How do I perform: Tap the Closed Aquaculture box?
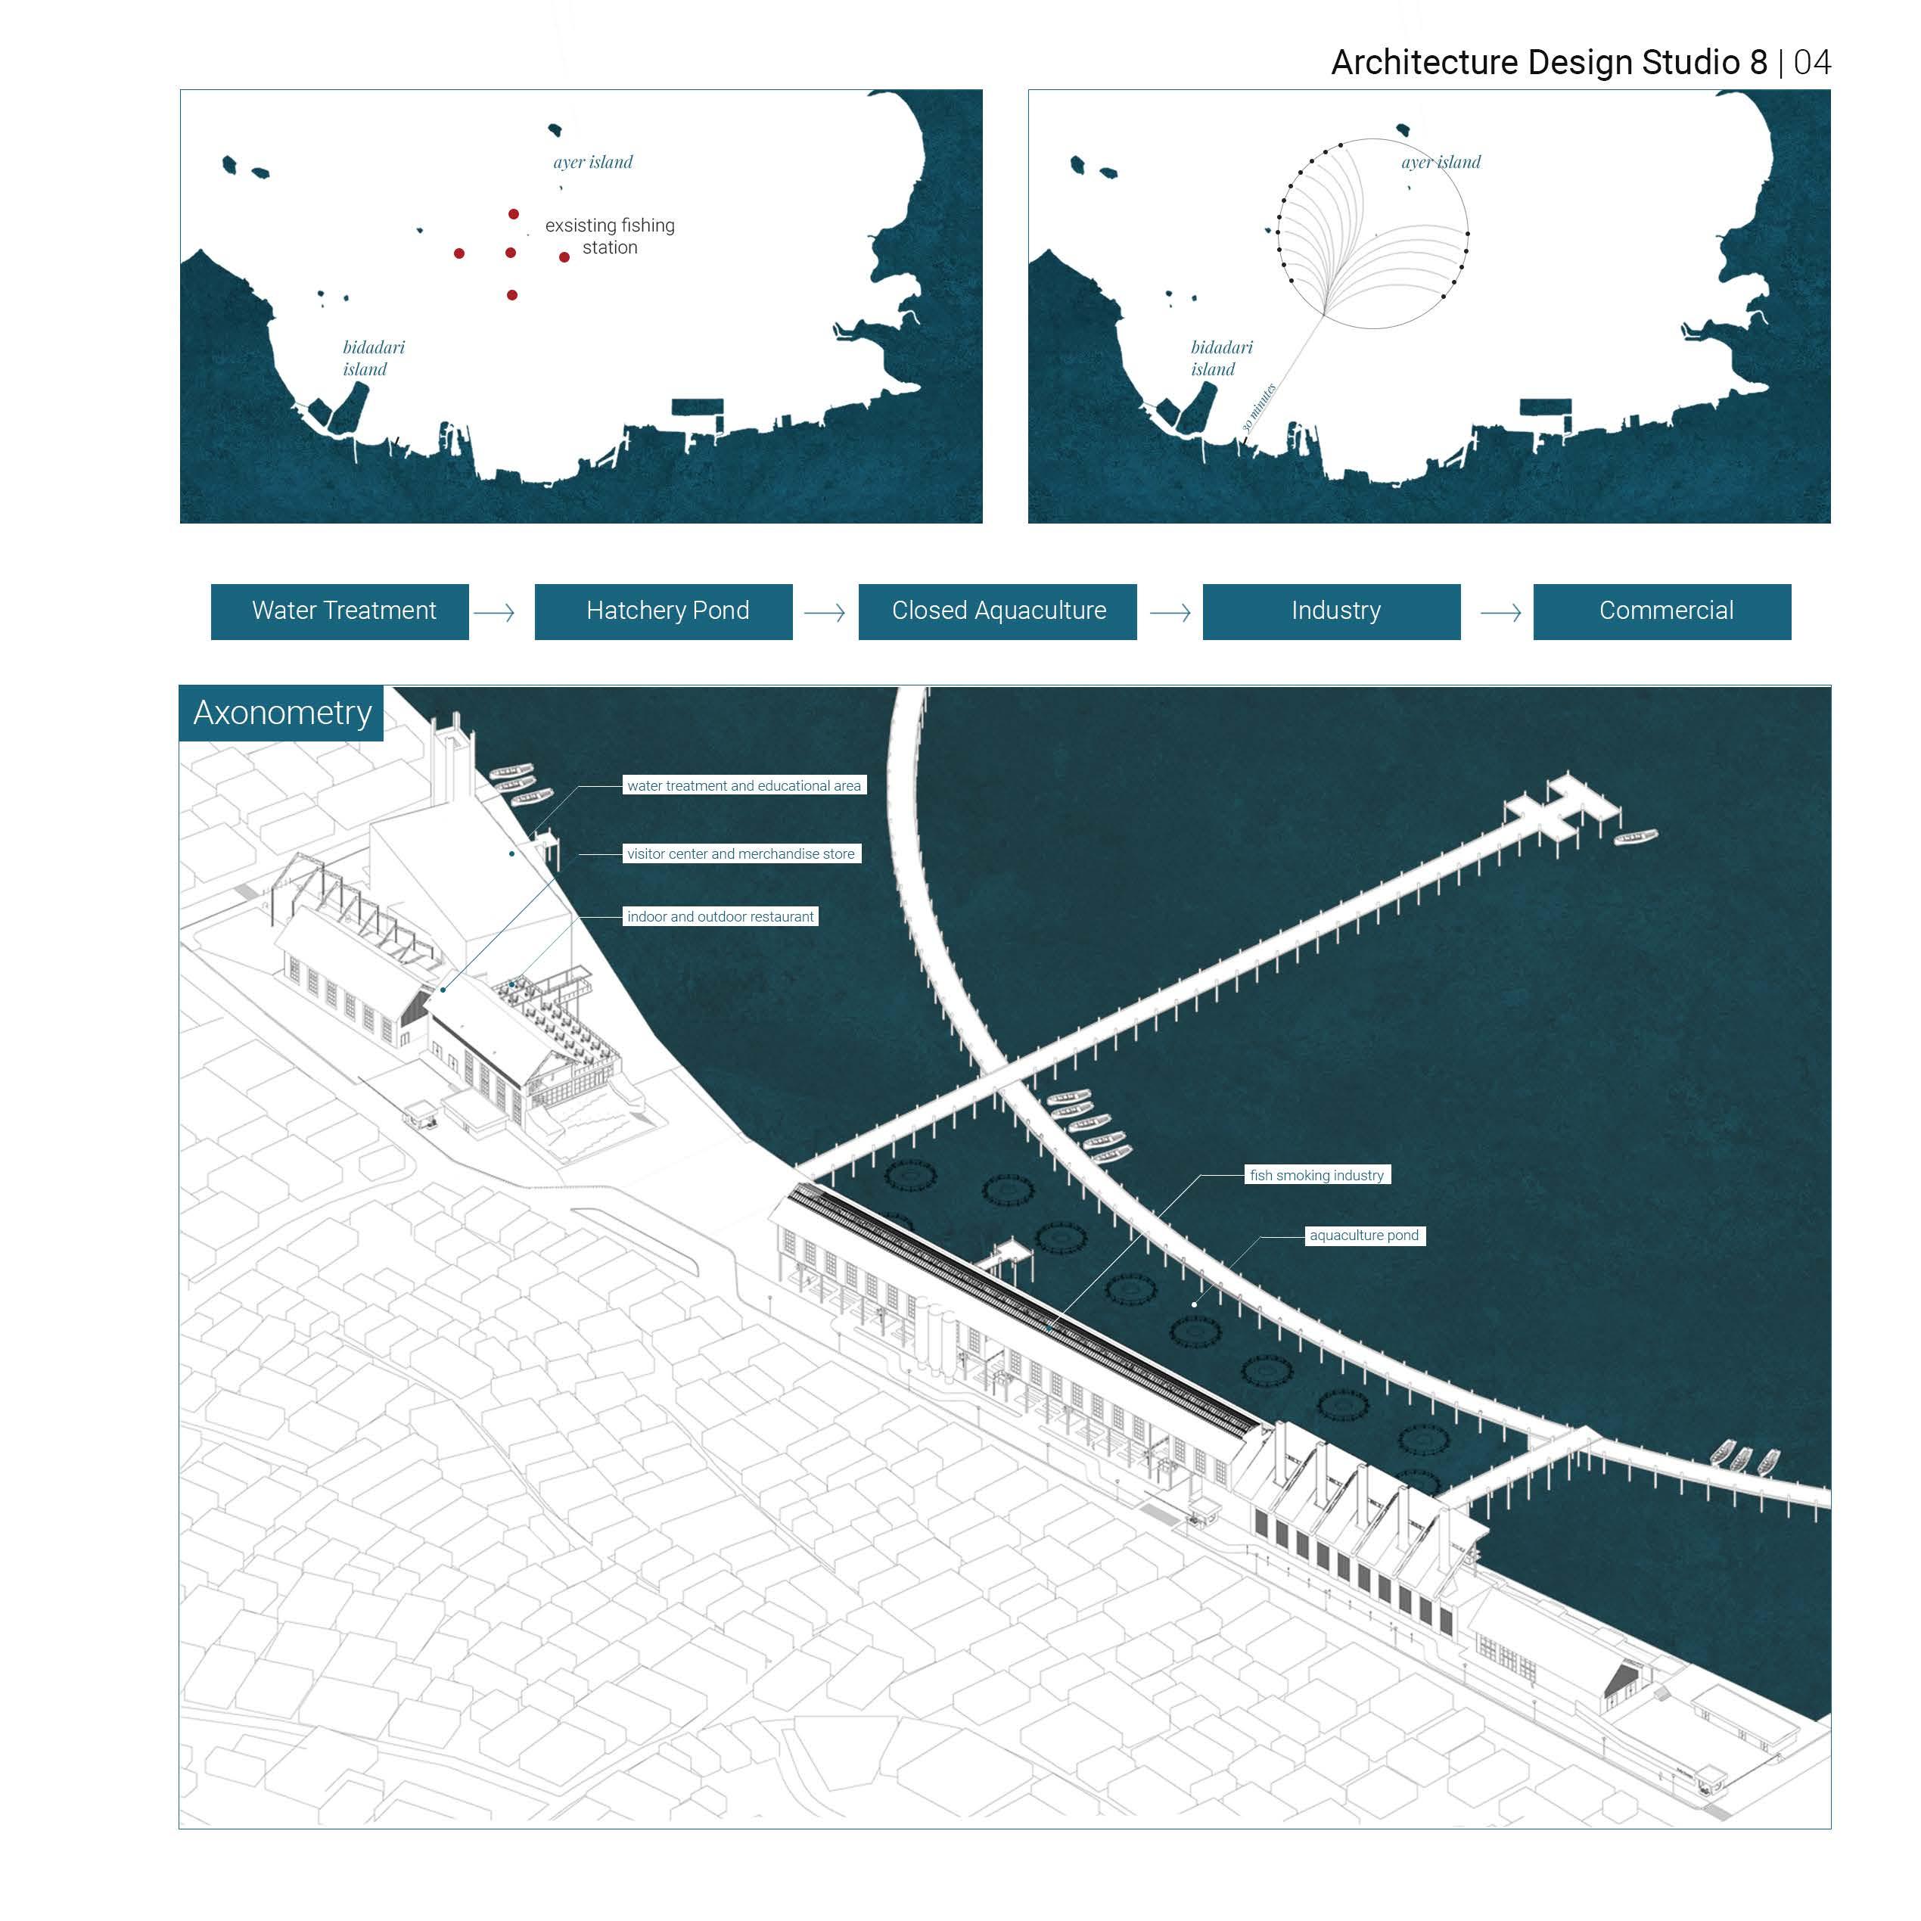pos(997,611)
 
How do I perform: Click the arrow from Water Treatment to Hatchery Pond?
pos(494,613)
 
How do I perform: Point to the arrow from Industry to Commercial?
pos(1500,613)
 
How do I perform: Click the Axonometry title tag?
pos(281,713)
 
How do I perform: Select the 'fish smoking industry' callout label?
pos(1316,1175)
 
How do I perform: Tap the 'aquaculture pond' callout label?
pos(1364,1236)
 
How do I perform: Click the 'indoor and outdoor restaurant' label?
pos(720,917)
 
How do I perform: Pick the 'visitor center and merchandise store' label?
pos(741,854)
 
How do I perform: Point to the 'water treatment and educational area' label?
pos(744,785)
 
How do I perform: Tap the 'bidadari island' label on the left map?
pos(373,358)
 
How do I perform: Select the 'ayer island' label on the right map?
pos(1441,162)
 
